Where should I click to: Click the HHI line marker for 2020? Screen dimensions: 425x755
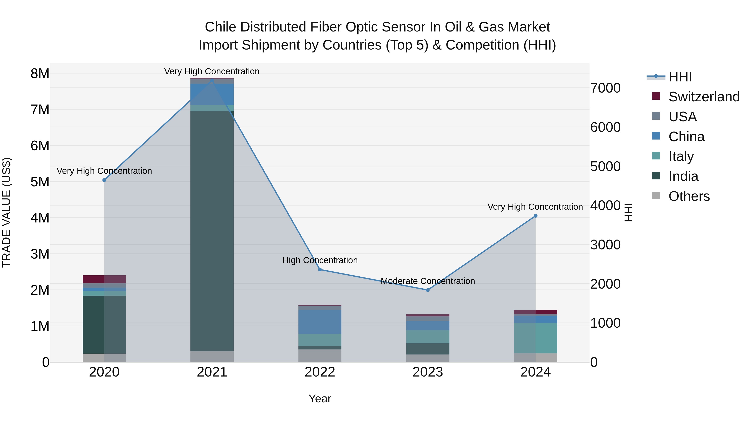104,180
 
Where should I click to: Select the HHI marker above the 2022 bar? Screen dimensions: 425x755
320,269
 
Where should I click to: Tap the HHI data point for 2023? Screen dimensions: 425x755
428,290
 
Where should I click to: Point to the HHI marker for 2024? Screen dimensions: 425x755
535,216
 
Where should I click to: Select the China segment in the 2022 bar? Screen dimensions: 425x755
320,322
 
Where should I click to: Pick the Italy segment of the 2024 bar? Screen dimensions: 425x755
535,338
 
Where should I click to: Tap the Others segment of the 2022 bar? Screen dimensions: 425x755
320,356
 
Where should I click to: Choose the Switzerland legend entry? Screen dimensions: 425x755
704,97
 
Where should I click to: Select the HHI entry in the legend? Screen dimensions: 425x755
680,77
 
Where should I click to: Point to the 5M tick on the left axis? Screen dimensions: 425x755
40,182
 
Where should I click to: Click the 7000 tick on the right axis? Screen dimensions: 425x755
605,88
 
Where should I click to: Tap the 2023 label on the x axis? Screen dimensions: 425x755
428,372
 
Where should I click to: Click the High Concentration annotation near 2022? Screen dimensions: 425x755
320,260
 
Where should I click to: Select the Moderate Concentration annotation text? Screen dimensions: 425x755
428,281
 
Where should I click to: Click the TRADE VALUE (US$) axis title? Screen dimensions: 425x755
7,212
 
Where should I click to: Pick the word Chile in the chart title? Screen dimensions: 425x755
220,27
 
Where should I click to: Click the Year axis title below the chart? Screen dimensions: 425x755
320,399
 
